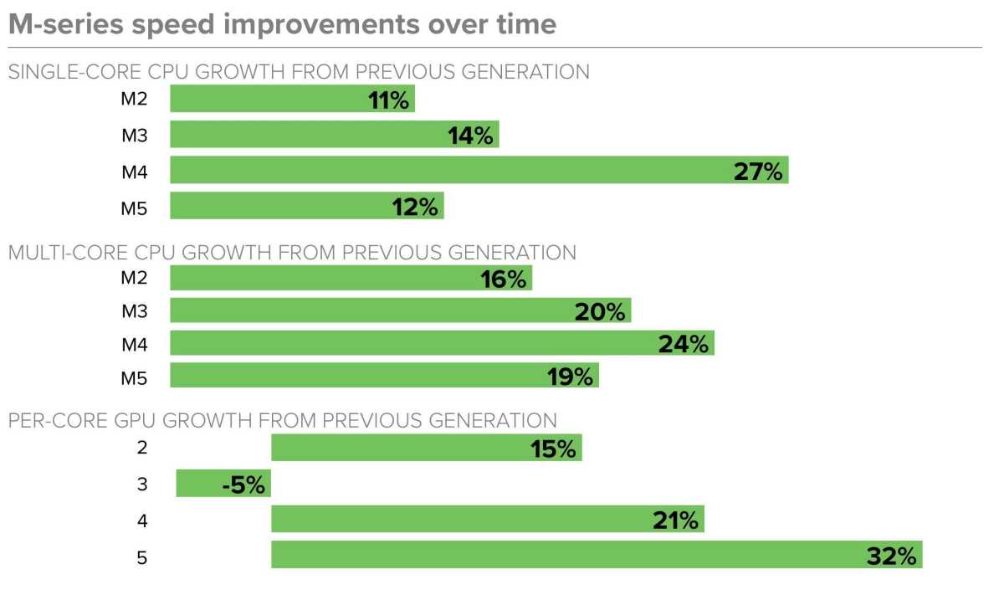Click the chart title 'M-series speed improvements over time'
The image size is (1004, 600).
[282, 24]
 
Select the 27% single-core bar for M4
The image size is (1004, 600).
[479, 171]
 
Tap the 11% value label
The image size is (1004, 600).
[388, 100]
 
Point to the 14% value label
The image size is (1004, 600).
[470, 136]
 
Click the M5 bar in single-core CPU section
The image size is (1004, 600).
[306, 207]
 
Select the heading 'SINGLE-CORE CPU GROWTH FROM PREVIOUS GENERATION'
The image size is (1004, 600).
[299, 72]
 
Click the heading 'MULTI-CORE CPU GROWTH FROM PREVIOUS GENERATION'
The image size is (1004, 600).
[292, 252]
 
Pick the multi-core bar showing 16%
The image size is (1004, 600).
[351, 279]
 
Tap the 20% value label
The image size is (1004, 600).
[600, 312]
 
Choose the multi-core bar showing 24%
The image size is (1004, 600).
[442, 343]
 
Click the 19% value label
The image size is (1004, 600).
[571, 377]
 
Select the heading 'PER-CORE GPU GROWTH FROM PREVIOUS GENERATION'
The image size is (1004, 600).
[283, 420]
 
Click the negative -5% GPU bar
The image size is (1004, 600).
[223, 484]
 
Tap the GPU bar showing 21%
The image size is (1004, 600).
[487, 520]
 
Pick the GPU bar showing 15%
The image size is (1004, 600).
[426, 448]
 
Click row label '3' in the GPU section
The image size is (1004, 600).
[141, 484]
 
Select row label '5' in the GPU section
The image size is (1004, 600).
[141, 556]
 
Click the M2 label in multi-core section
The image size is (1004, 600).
[134, 279]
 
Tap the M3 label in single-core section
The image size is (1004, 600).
[134, 136]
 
